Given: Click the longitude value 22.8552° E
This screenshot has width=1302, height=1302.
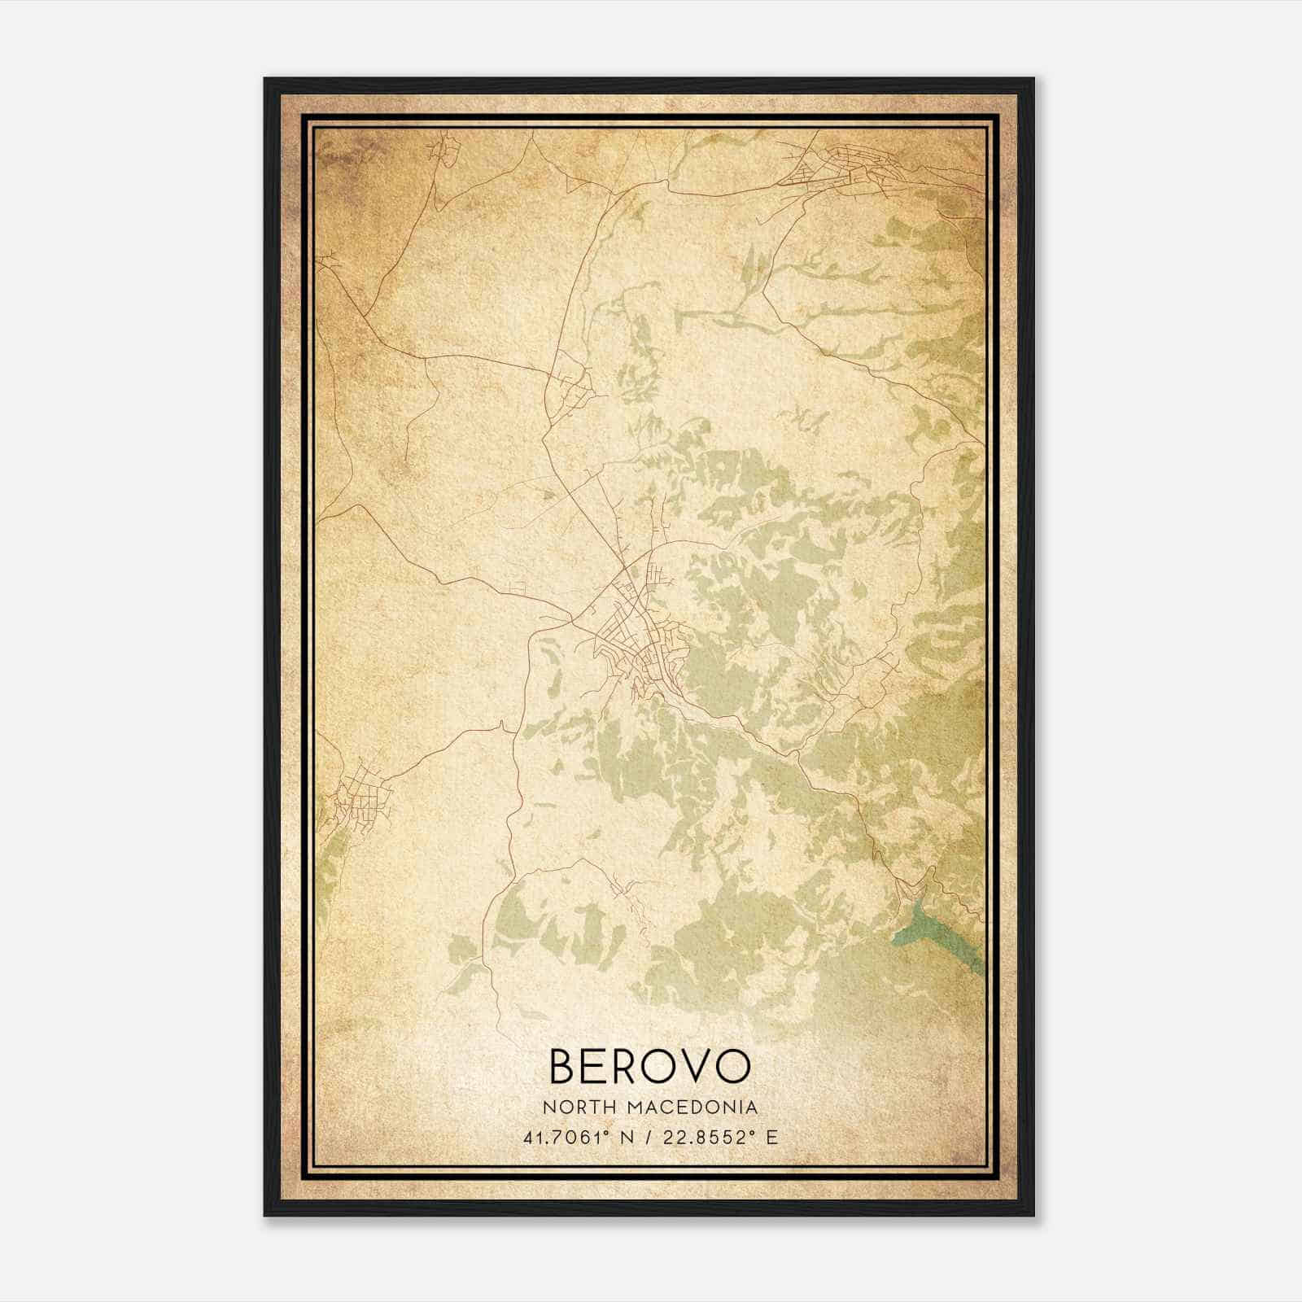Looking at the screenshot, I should (x=717, y=1136).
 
